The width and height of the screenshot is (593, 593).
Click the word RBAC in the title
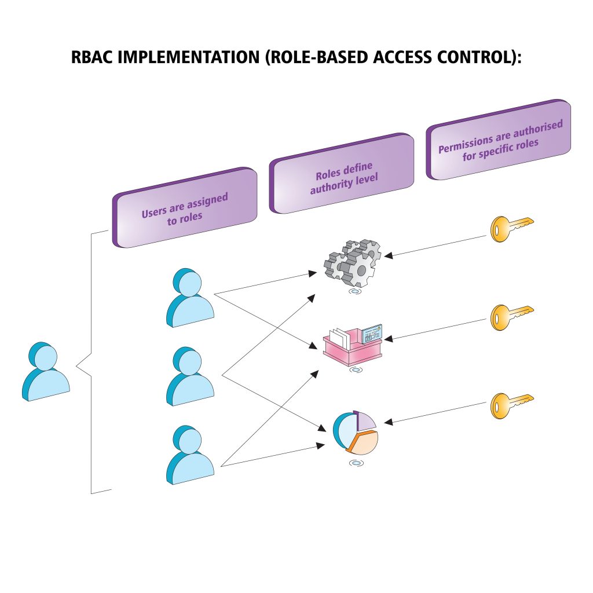[x=87, y=58]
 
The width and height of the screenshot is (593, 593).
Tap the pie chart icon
[x=356, y=434]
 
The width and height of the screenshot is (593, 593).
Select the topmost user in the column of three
[x=189, y=299]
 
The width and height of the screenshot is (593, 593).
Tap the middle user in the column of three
[x=189, y=378]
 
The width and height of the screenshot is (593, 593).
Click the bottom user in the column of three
[x=189, y=456]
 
